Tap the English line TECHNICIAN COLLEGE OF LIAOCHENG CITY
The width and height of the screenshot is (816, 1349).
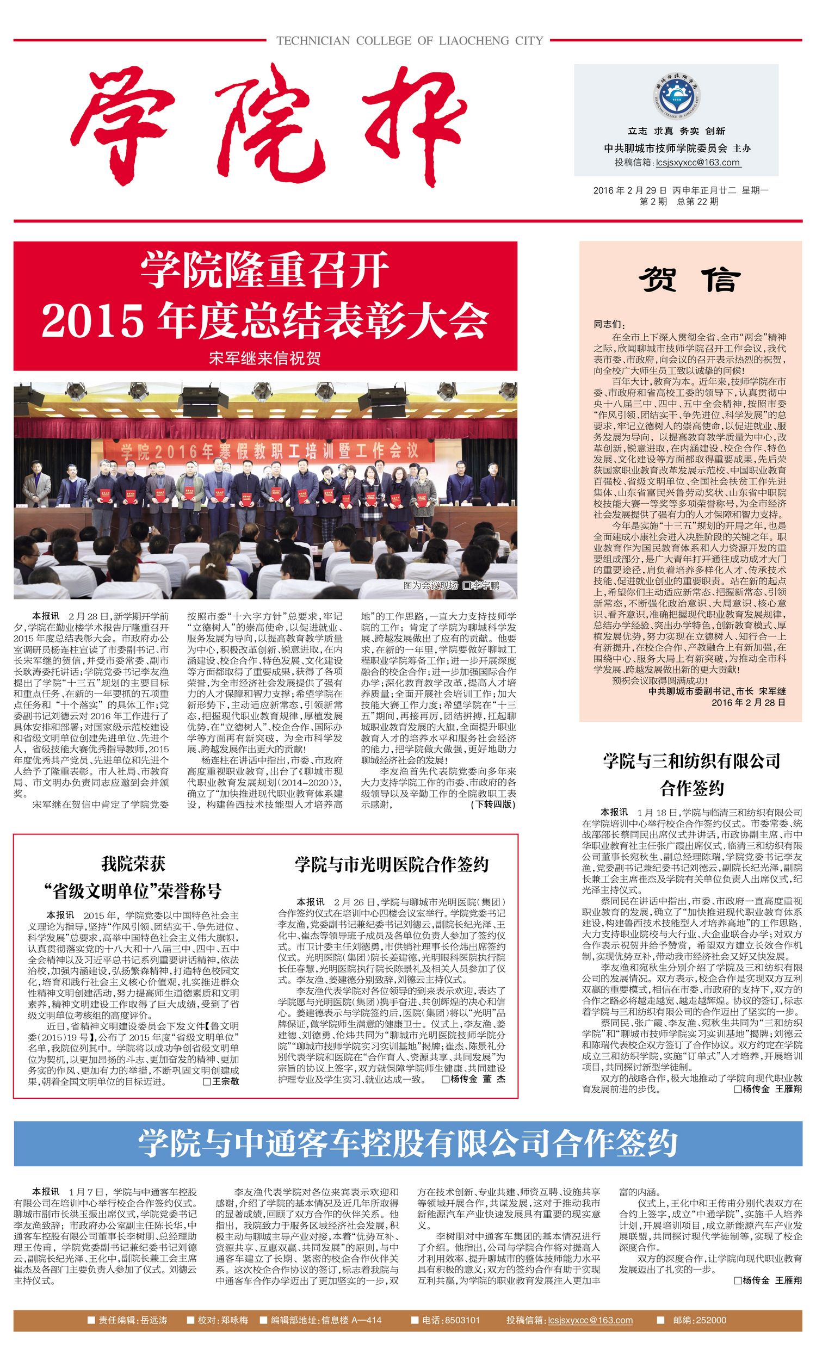(410, 40)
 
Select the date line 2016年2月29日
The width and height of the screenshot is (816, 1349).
(630, 190)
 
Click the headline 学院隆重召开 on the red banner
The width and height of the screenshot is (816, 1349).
(265, 269)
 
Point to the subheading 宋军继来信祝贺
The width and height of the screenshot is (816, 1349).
(265, 358)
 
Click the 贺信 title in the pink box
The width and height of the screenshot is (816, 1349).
(690, 280)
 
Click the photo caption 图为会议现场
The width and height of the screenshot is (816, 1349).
(430, 585)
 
